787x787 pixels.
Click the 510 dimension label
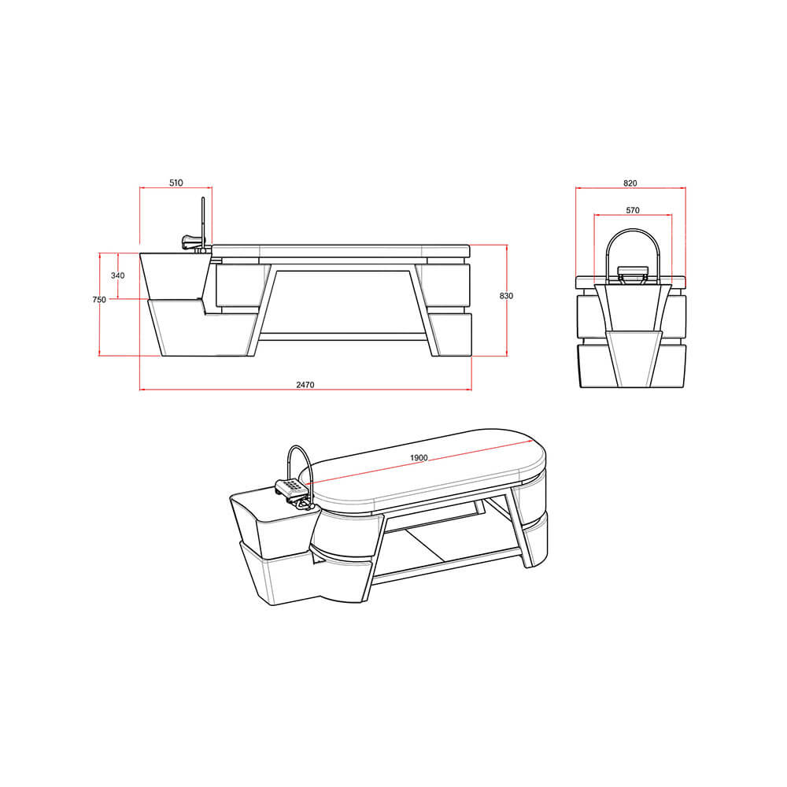176,183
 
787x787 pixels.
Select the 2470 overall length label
305,385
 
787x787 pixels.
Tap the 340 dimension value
118,275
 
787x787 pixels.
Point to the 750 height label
99,300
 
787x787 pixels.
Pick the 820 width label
630,183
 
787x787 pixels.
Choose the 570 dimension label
632,210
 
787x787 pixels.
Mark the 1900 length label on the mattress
419,458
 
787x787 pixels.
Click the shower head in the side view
191,241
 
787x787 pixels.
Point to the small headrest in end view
633,272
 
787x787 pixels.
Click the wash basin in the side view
175,275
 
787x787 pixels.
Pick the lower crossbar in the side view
343,336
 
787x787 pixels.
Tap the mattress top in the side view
340,250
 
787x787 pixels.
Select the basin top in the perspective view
268,502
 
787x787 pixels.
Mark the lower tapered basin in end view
632,358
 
